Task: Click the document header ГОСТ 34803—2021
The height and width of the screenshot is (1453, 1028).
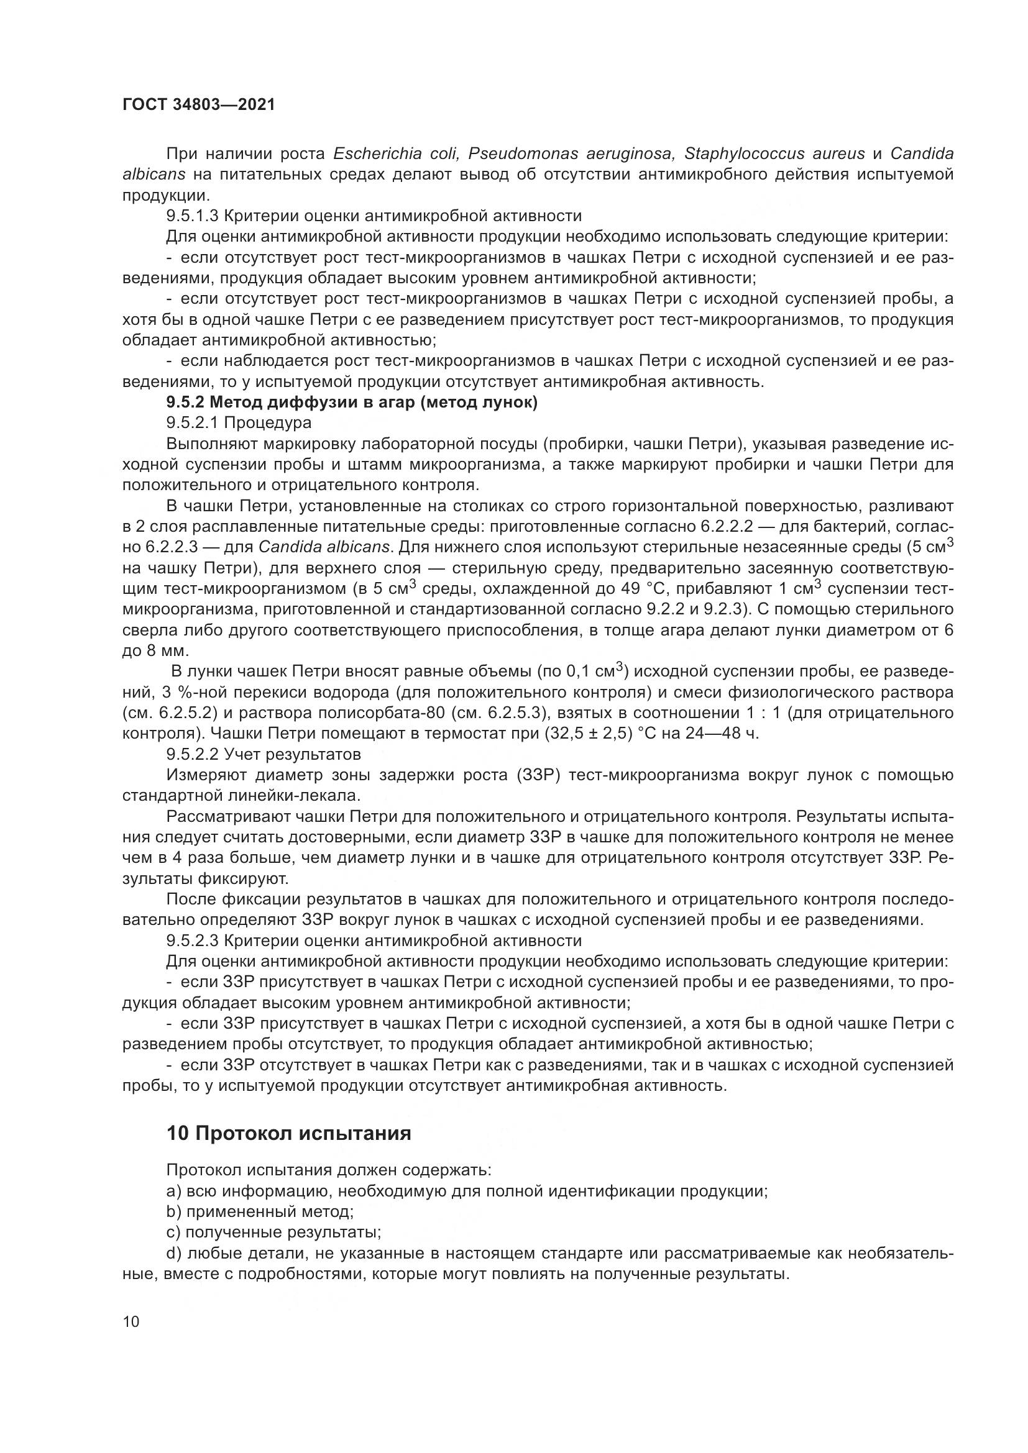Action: pyautogui.click(x=199, y=105)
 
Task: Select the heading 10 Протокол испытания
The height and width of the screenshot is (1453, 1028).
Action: pyautogui.click(x=288, y=1133)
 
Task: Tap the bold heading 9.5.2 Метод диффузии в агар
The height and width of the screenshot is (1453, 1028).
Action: pyautogui.click(x=352, y=403)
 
